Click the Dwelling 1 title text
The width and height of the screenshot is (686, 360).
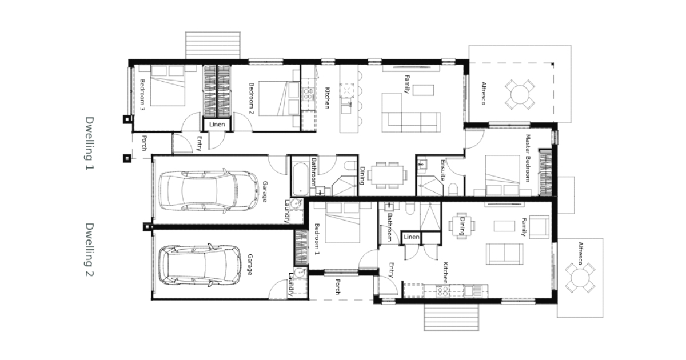[x=89, y=143]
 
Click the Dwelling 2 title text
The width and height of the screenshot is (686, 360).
[x=89, y=250]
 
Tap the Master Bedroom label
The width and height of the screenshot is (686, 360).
[x=528, y=158]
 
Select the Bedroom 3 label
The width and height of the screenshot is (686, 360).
[x=142, y=95]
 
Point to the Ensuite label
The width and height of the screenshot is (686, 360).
[x=442, y=170]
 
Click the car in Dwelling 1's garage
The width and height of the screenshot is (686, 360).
[x=209, y=191]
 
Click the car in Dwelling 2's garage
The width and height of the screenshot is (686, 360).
[x=200, y=265]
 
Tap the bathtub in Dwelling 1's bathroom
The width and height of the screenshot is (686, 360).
[x=301, y=179]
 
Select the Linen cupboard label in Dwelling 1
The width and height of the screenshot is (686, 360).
[x=217, y=125]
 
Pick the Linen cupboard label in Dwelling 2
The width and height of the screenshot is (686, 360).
[x=411, y=237]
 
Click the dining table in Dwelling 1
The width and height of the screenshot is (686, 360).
[x=388, y=175]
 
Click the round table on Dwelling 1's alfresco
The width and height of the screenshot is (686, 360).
[x=520, y=94]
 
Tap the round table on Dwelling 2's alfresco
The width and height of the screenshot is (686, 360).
[x=580, y=278]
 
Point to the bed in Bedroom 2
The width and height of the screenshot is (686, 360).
[x=279, y=98]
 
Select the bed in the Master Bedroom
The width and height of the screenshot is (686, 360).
[x=502, y=175]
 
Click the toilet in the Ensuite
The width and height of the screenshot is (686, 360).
[x=453, y=189]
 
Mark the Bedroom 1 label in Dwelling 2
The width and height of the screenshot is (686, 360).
[x=317, y=239]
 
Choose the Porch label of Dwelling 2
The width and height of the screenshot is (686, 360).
[x=338, y=287]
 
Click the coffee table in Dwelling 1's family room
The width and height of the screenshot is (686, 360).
[x=423, y=90]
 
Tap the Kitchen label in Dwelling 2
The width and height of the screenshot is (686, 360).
[x=445, y=273]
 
